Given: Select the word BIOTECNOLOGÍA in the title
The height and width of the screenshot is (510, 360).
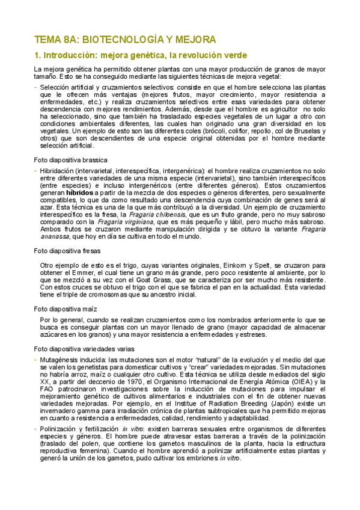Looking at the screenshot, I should coord(121,40).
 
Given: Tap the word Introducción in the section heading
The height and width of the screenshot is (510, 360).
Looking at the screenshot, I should coord(71,55).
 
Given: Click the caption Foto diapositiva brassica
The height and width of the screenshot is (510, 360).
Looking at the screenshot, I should coord(71,160).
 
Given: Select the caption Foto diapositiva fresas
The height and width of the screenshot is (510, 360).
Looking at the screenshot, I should coord(67,251).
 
